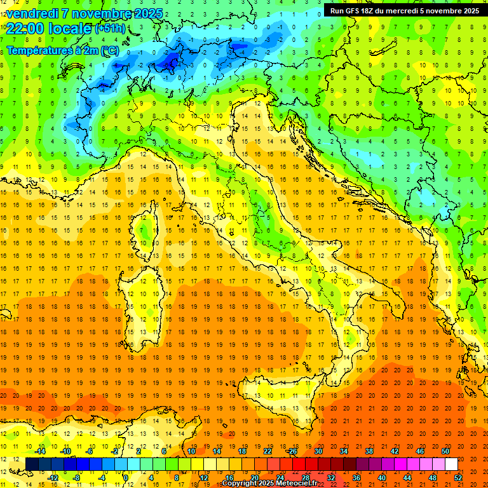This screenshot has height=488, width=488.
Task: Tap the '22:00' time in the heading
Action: coord(22,28)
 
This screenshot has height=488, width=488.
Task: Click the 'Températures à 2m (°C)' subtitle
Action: coord(62,50)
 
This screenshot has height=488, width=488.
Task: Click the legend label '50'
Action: coord(445,451)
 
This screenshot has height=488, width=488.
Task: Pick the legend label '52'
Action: coord(458,478)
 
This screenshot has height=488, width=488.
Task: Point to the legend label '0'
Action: coord(126,478)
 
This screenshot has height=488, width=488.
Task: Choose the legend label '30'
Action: coord(318,451)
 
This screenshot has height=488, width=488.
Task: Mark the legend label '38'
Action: coord(369,451)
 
